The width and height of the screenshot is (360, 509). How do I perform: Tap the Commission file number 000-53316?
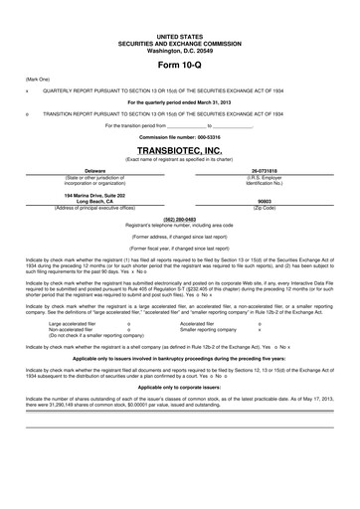coord(179,137)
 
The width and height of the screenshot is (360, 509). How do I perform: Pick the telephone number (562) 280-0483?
coord(179,218)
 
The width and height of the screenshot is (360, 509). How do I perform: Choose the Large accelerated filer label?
coord(74,323)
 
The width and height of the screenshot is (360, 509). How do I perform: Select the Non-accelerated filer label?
coord(72,329)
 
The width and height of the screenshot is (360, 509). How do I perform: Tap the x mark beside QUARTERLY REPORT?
coord(27,88)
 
